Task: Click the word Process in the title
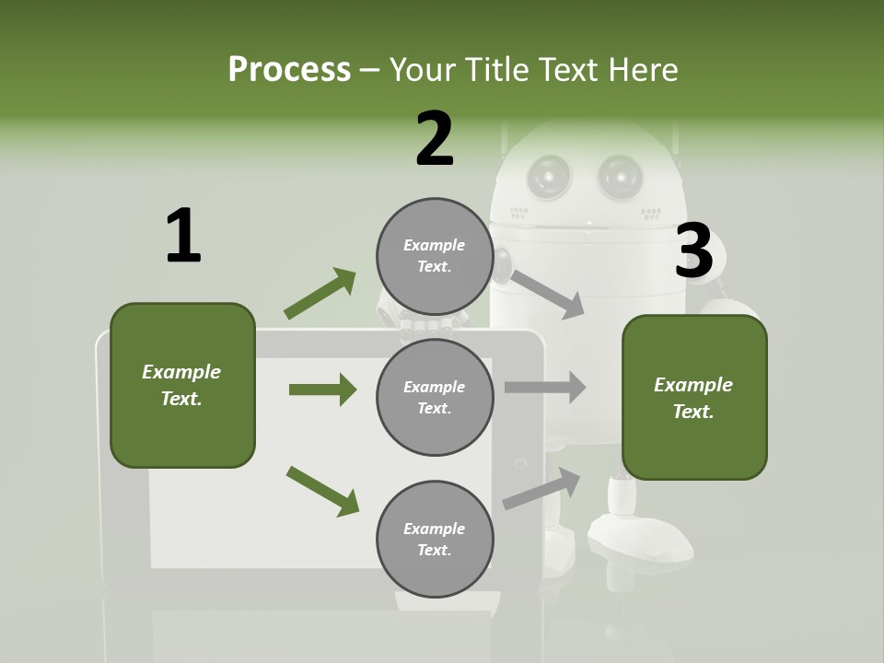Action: [x=289, y=70]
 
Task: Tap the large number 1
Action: [x=183, y=236]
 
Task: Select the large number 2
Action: [x=435, y=139]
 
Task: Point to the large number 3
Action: [x=694, y=251]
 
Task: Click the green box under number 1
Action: [x=182, y=385]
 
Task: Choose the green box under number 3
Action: [x=694, y=398]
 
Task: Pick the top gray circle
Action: [x=435, y=256]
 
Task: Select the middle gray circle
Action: [x=435, y=398]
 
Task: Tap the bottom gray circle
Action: [x=435, y=540]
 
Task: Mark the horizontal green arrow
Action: [x=322, y=390]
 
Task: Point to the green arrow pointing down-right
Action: [x=322, y=491]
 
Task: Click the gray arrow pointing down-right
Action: [x=547, y=293]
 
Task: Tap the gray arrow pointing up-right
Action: [x=542, y=488]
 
